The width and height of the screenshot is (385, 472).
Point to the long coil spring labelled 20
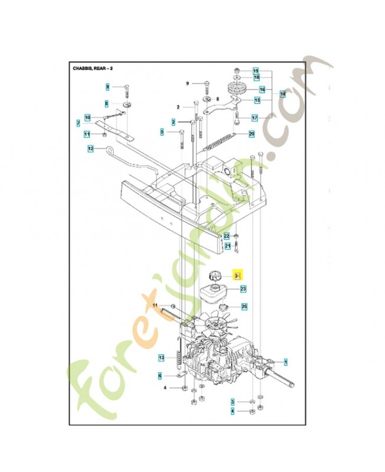[221, 141]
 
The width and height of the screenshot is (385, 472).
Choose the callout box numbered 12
[90, 149]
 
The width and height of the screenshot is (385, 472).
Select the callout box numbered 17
[255, 118]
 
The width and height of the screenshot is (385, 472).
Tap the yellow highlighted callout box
[238, 276]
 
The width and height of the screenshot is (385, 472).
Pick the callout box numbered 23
[243, 289]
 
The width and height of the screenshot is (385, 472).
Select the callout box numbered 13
[161, 358]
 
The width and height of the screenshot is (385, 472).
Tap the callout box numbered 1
[286, 360]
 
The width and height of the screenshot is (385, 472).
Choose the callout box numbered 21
[227, 245]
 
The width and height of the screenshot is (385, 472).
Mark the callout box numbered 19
[256, 70]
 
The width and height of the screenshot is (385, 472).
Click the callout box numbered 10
[87, 117]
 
